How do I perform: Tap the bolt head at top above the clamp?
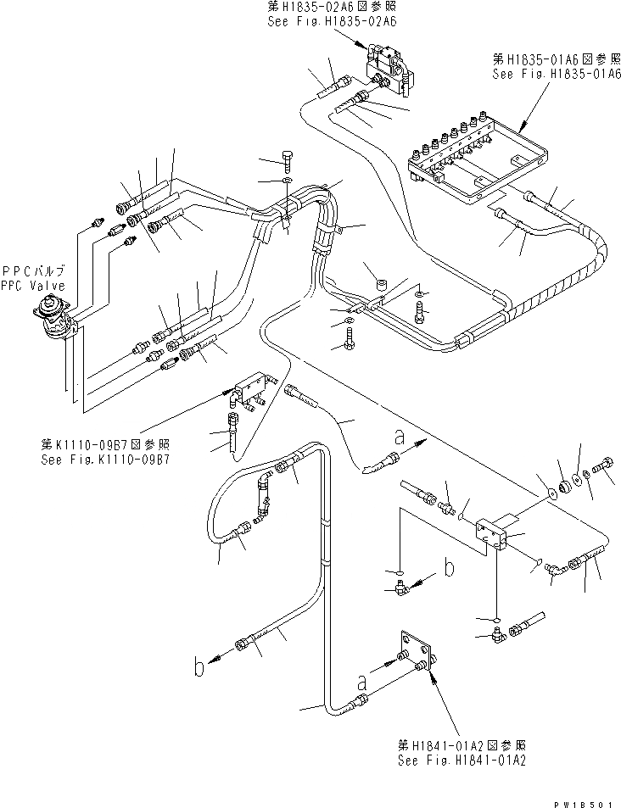pyautogui.click(x=287, y=159)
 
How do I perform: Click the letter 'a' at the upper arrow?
pyautogui.click(x=399, y=437)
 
